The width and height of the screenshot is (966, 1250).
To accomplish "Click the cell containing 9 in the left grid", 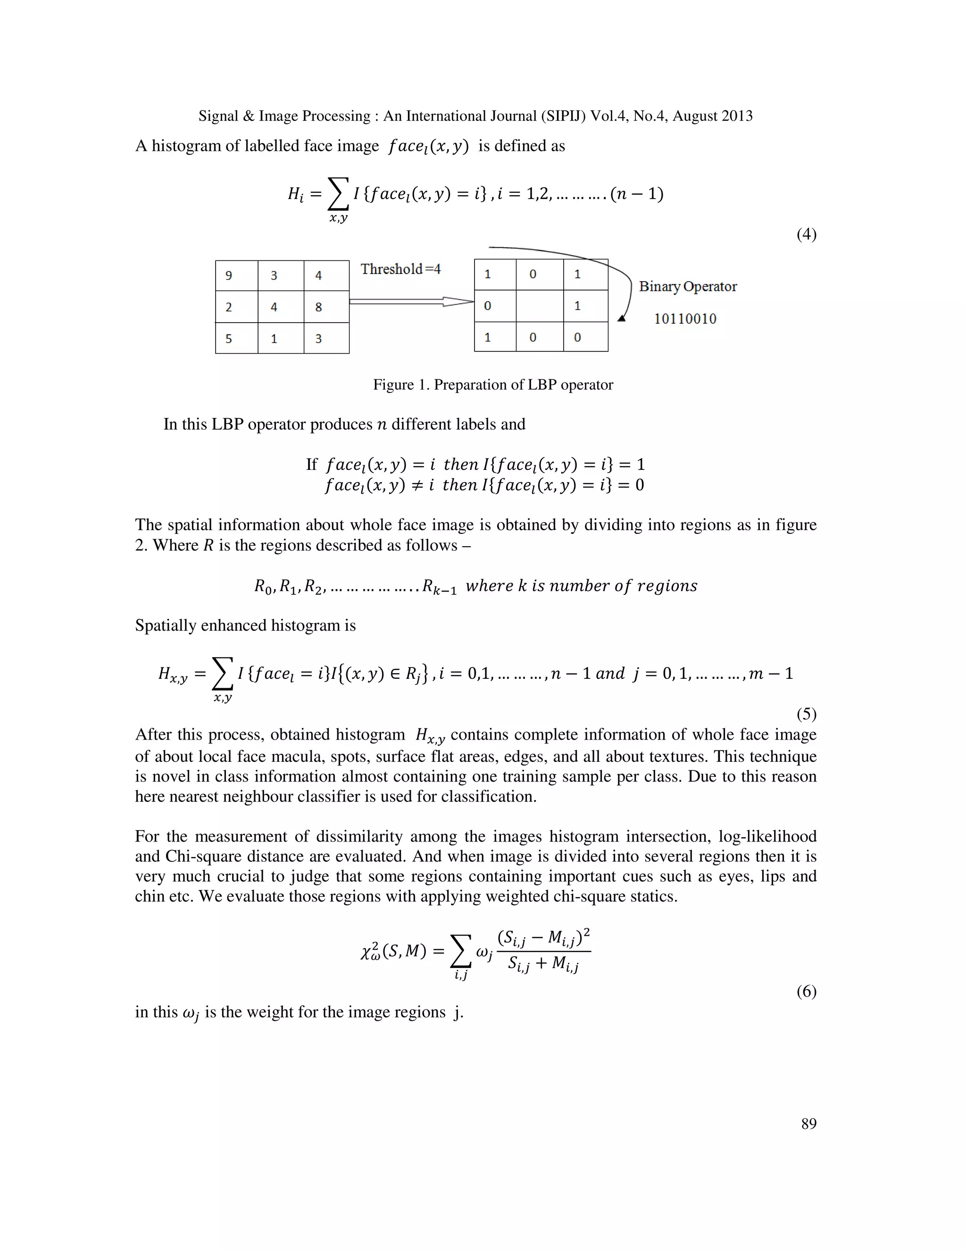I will pos(236,276).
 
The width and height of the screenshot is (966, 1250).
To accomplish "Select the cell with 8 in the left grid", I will pos(326,307).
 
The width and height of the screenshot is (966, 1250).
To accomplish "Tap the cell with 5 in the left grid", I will pos(236,338).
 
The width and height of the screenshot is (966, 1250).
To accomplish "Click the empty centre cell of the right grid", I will pos(539,306).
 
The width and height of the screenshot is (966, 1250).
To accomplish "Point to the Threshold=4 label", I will pos(400,269).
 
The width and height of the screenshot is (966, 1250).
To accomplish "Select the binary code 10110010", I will pos(685,319).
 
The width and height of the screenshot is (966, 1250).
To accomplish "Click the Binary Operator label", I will pos(687,286).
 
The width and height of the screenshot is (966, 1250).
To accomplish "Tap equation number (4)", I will pos(806,234).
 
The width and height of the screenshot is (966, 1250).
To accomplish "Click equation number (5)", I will pos(806,714).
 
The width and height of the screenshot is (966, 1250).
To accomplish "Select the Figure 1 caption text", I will pos(493,384).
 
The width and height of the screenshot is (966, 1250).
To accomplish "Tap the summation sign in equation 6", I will pos(461,951).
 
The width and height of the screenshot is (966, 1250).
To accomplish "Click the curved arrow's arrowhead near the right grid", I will pos(622,318).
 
